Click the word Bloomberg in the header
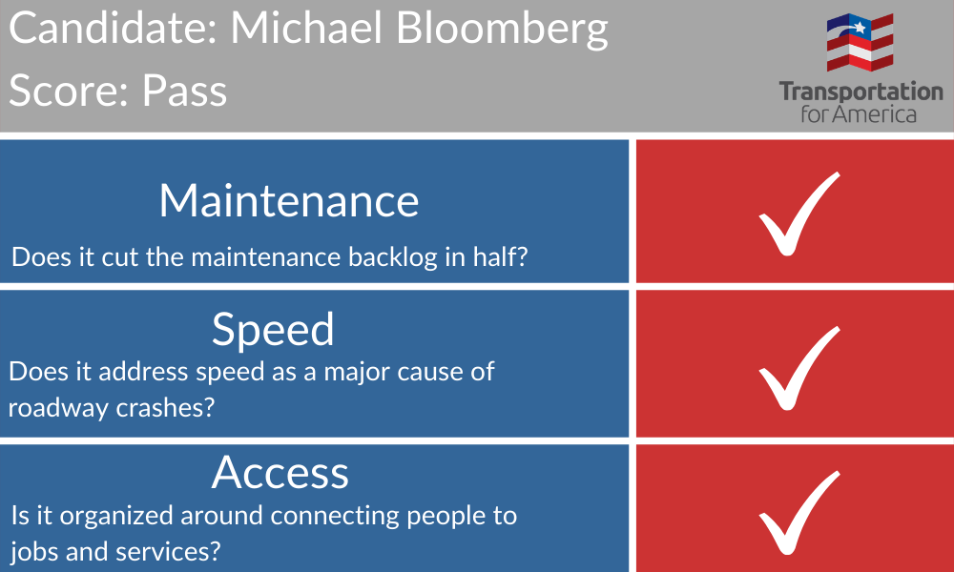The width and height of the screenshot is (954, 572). click(502, 29)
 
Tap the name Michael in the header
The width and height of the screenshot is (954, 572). click(306, 27)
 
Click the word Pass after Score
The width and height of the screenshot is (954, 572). click(184, 91)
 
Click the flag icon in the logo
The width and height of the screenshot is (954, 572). click(860, 42)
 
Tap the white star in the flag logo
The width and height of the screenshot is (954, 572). click(860, 27)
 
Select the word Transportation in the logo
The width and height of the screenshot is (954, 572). click(861, 92)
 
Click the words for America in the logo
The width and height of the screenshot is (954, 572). click(859, 113)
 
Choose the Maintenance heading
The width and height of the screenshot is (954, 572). click(289, 200)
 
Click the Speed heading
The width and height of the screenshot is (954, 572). click(273, 330)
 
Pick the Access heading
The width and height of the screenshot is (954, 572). click(280, 472)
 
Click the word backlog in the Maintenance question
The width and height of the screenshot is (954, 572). click(392, 257)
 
